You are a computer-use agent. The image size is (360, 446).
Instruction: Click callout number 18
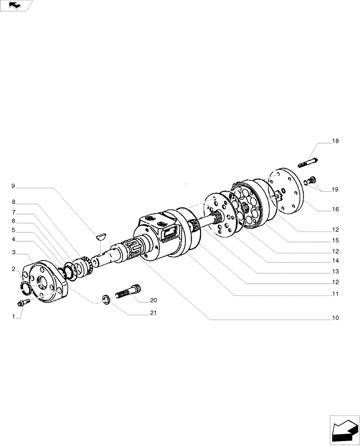tap(335, 141)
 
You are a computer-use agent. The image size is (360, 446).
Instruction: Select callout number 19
tap(335, 190)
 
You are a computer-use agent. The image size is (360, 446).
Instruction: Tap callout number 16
tap(335, 209)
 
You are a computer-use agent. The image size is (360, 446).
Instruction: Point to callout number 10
tap(335, 318)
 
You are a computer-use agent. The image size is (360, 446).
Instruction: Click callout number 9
tap(13, 186)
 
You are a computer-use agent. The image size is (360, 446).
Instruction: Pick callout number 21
tap(153, 313)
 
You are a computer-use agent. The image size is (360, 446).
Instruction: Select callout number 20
tap(153, 300)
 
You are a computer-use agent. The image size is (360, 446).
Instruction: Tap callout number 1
tap(14, 317)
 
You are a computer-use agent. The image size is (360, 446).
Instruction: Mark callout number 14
tap(335, 260)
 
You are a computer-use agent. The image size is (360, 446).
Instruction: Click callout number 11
tap(335, 294)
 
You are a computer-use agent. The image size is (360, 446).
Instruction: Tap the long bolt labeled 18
tap(307, 162)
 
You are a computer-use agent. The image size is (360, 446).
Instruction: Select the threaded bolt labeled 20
tap(128, 292)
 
